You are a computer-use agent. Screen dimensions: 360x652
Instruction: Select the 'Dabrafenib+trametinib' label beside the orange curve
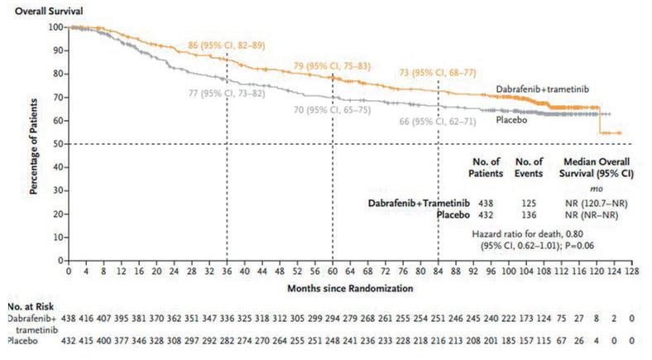[541, 88]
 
